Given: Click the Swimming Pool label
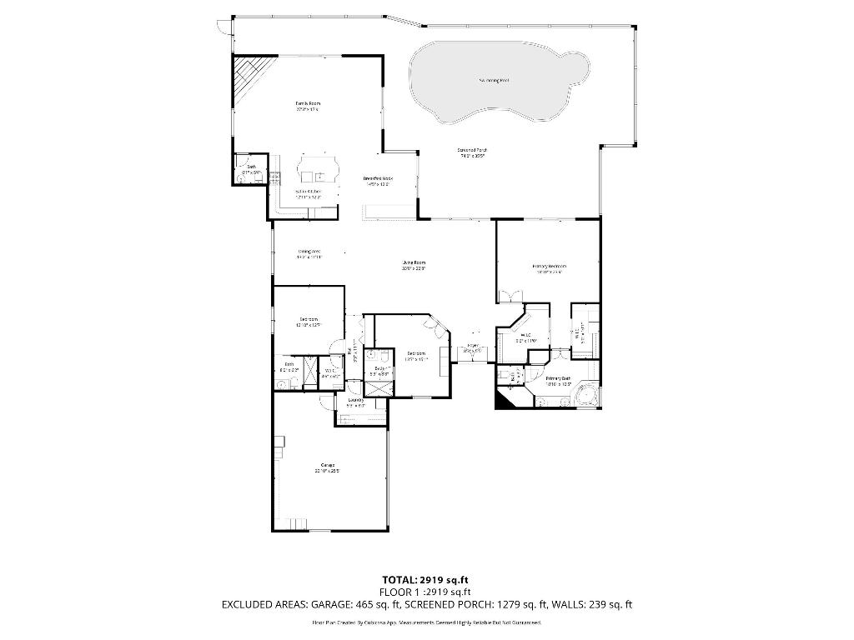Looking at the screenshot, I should [494, 81].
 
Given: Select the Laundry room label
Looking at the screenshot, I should [355, 401].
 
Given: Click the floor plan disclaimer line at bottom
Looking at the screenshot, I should [427, 622].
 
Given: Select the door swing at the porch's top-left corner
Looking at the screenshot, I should [220, 27].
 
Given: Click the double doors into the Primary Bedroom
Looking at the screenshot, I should [511, 295].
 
